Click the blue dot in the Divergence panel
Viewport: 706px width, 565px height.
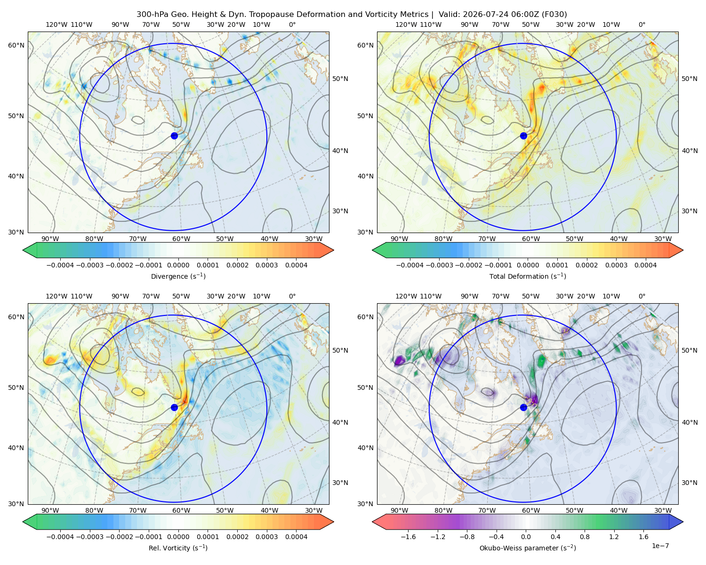point(174,136)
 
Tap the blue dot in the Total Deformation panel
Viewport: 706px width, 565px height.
point(523,136)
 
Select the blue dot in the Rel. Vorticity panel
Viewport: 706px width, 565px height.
point(174,407)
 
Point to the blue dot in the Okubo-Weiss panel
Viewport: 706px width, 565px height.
point(523,407)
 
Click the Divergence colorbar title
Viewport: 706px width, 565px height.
point(178,276)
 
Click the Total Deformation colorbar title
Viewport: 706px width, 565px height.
point(528,276)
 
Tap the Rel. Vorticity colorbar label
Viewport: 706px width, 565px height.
point(178,548)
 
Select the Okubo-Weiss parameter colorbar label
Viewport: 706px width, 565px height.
point(528,548)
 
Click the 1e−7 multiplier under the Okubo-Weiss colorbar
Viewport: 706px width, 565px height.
point(660,546)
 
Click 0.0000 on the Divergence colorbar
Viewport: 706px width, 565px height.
point(178,265)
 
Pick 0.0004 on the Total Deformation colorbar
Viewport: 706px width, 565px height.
point(645,265)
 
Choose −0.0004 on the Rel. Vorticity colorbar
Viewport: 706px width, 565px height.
point(60,537)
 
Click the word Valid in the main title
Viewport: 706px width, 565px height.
point(447,15)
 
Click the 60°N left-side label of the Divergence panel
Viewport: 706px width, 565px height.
point(16,45)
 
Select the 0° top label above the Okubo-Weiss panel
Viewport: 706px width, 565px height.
point(642,296)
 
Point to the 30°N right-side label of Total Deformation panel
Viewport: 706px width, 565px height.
point(690,211)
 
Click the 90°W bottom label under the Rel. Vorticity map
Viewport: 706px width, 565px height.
point(50,510)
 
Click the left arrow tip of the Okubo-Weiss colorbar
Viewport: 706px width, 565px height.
point(372,522)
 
